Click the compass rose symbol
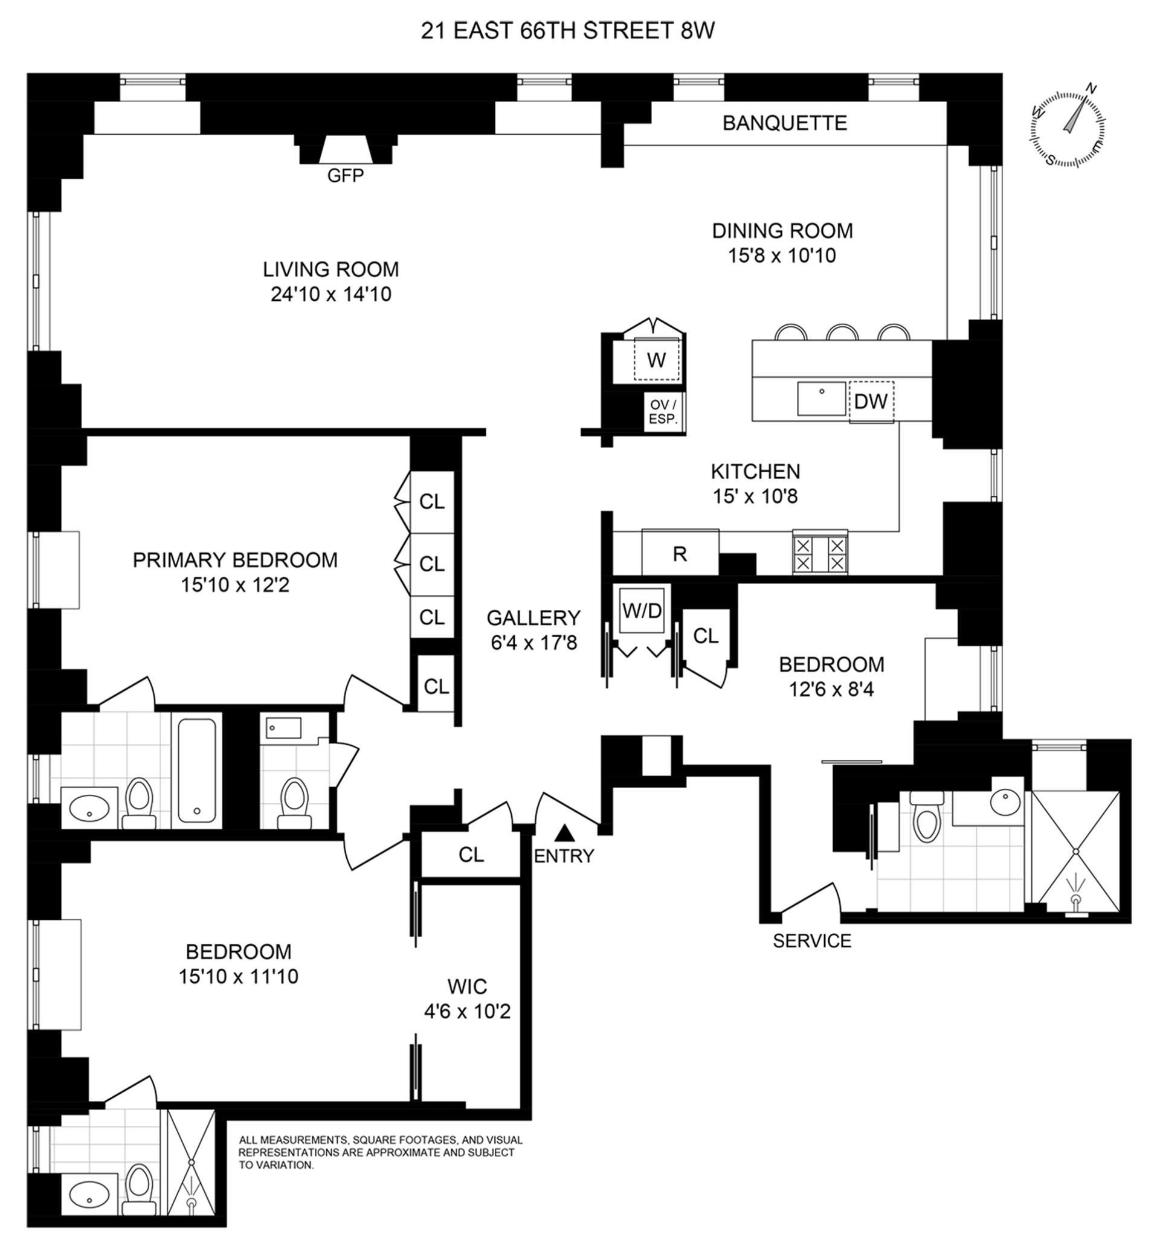(1068, 129)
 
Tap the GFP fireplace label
(345, 175)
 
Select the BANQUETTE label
(785, 123)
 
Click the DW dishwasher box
(871, 402)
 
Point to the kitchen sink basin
(822, 399)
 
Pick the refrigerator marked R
(680, 554)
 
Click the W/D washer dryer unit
(642, 610)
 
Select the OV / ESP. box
(663, 413)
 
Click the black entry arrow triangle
(565, 833)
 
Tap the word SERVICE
(811, 941)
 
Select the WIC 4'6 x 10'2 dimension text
(467, 1012)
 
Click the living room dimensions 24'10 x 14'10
(331, 294)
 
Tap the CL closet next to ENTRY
(471, 854)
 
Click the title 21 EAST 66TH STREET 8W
(567, 31)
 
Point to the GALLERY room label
(533, 618)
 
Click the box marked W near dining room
(656, 359)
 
